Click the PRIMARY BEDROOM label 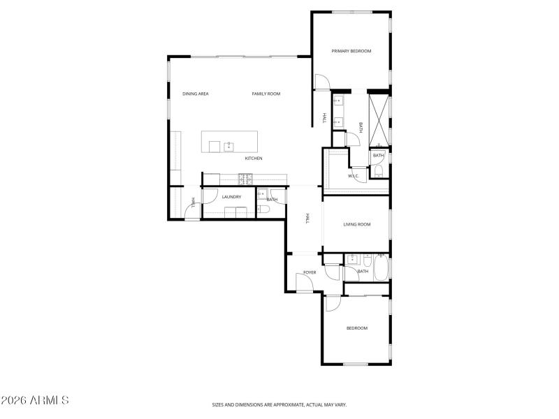351,51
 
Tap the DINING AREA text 196,94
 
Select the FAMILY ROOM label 266,94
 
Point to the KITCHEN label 254,159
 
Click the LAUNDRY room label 231,197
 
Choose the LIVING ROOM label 356,224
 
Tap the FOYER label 310,272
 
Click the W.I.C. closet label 354,176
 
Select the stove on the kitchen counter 245,179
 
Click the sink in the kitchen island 228,146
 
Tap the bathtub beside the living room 381,268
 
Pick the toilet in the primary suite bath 377,170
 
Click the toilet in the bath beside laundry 263,208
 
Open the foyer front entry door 305,282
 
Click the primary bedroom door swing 321,82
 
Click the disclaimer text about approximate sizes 279,404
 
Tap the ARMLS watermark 35,401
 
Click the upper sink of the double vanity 338,101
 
